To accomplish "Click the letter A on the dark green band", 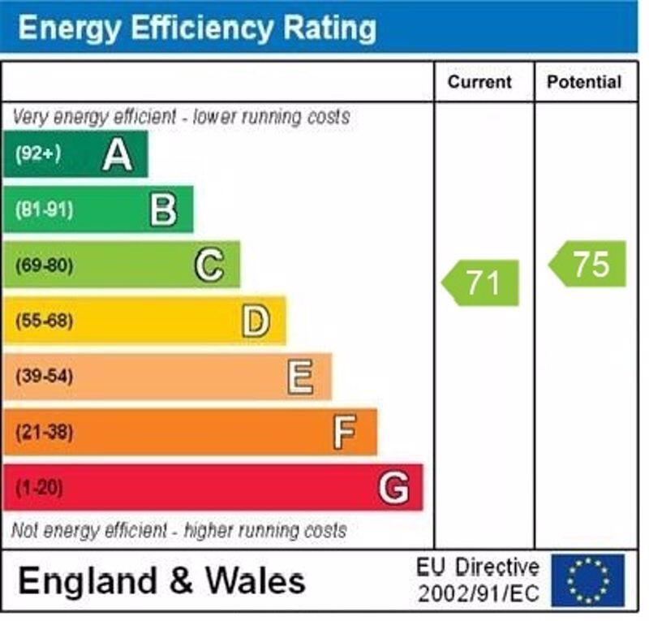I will click(118, 154).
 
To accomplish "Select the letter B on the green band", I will click(163, 209).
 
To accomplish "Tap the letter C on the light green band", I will click(209, 265).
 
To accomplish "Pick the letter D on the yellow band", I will click(255, 321).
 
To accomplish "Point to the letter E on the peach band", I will click(300, 377).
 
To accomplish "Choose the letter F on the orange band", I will click(345, 432).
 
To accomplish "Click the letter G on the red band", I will click(393, 488).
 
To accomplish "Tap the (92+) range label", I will click(38, 154).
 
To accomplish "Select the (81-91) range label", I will click(44, 209).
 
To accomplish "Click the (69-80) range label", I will click(44, 265).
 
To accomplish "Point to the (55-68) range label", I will click(44, 321).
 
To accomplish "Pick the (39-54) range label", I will click(44, 377).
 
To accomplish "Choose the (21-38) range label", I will click(44, 432).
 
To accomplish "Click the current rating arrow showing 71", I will click(481, 283).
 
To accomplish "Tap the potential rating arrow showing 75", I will click(589, 264).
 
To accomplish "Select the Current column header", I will click(480, 82).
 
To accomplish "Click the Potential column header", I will click(584, 82).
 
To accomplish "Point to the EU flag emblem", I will click(588, 580).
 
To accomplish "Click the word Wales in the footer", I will click(256, 581).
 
